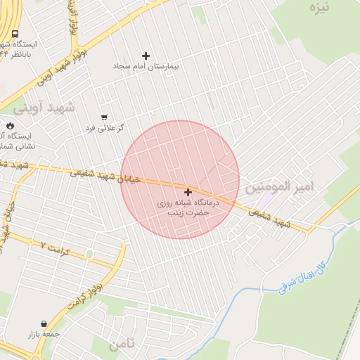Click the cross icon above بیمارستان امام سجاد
146,56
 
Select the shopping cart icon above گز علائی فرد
104,117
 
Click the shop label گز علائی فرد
104,127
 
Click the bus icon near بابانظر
15,34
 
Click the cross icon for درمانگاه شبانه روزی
188,192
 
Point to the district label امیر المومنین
278,188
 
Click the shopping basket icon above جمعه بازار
44,324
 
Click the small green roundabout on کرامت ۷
89,254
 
